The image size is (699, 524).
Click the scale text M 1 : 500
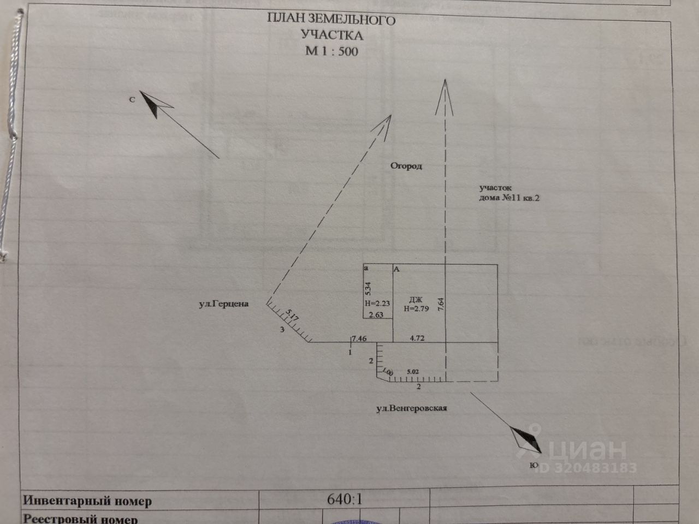(x=331, y=52)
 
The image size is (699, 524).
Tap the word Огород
(x=406, y=166)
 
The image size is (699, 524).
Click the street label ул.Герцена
(x=223, y=303)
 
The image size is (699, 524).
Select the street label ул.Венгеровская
(x=412, y=408)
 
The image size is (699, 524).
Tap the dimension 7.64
(x=441, y=304)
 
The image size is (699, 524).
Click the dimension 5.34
(x=368, y=288)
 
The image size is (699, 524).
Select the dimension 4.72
(x=417, y=338)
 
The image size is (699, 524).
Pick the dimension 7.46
(x=359, y=338)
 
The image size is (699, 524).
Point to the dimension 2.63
(x=377, y=314)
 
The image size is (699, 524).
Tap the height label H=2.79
(x=416, y=308)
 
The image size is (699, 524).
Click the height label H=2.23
(x=377, y=303)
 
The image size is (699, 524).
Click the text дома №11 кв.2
(x=509, y=198)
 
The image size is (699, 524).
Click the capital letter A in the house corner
(x=397, y=269)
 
